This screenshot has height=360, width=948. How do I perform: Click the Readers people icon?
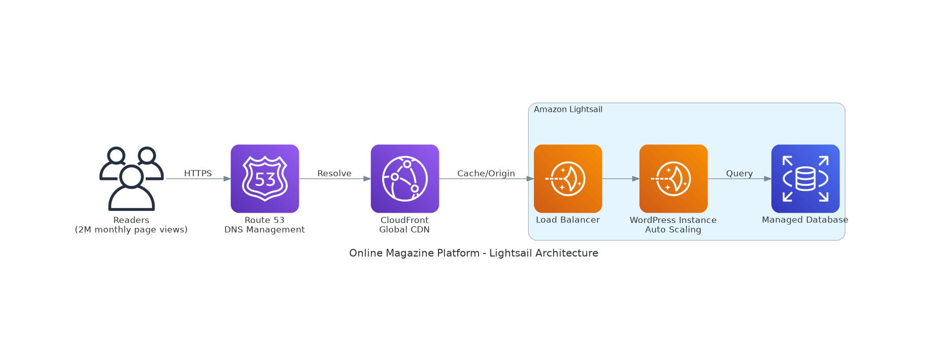tap(131, 179)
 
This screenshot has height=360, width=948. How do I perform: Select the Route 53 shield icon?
tap(265, 179)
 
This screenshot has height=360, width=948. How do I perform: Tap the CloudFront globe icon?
tap(405, 179)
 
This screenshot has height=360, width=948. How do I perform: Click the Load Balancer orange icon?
tap(568, 179)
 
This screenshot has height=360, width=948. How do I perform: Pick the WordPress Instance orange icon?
tap(673, 179)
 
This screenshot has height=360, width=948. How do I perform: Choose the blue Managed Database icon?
tap(805, 179)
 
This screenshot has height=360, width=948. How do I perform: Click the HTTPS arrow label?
tap(198, 174)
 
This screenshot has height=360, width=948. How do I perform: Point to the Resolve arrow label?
tap(334, 174)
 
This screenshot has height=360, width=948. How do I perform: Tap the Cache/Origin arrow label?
tap(486, 174)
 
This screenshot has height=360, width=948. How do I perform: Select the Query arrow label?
tap(739, 174)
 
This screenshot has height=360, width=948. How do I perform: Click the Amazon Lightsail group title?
tap(568, 110)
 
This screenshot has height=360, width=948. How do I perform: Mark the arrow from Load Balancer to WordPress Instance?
tap(621, 179)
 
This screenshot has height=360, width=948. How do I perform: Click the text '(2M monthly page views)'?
tap(131, 230)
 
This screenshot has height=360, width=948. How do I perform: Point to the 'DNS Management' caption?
tap(264, 230)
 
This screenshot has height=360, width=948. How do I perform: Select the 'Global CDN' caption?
tap(404, 230)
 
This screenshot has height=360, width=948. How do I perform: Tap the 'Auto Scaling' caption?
tap(673, 230)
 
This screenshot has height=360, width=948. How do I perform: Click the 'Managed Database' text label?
tap(805, 220)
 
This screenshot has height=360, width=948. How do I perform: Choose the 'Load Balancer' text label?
tap(568, 220)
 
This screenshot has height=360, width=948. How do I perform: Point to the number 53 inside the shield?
tap(265, 180)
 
